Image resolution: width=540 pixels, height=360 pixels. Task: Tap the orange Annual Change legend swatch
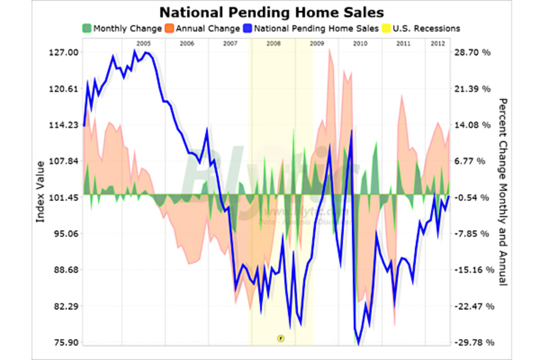click(x=170, y=28)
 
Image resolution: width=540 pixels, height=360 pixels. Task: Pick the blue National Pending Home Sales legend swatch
click(x=249, y=28)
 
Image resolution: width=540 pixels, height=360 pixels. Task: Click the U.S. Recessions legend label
click(x=426, y=28)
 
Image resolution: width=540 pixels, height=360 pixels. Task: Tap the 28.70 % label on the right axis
click(x=472, y=52)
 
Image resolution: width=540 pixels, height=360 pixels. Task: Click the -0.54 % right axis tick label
click(x=472, y=198)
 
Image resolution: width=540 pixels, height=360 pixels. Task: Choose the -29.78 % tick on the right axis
click(x=472, y=343)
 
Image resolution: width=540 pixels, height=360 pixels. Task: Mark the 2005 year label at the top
click(x=143, y=44)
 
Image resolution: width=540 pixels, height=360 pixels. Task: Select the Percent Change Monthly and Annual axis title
click(x=503, y=192)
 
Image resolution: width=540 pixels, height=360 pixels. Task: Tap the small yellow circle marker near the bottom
click(x=280, y=337)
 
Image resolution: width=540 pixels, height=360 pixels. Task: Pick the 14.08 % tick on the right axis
click(x=472, y=125)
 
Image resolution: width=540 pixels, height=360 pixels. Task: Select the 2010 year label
click(x=360, y=44)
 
